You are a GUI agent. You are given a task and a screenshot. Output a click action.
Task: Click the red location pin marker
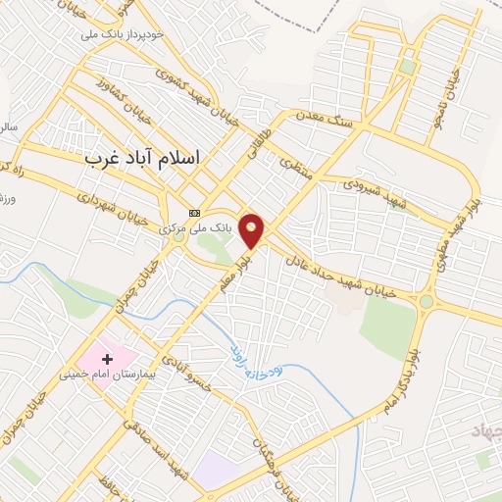pos(252,230)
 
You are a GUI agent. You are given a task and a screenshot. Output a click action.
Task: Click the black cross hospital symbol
pos(107,360)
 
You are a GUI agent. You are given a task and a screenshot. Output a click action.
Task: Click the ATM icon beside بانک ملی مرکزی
pos(194,213)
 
